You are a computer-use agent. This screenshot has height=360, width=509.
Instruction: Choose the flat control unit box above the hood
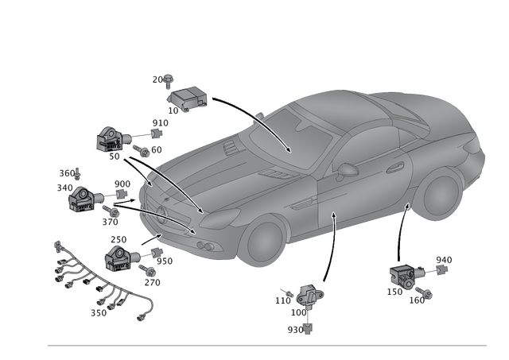(x=185, y=99)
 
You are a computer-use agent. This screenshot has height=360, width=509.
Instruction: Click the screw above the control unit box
(x=165, y=78)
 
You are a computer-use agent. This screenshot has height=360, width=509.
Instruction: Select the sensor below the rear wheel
(x=405, y=276)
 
